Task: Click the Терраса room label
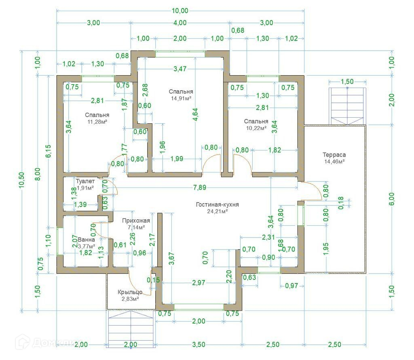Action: tap(334, 155)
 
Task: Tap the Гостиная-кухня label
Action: tap(217, 205)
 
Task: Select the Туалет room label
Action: tap(85, 182)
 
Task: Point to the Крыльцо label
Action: tap(130, 292)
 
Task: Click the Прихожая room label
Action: tap(136, 220)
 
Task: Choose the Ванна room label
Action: tap(87, 240)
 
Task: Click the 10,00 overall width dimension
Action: tap(180, 11)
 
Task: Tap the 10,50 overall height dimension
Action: tap(21, 180)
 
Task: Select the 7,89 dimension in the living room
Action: tap(200, 188)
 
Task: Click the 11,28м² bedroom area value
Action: tap(97, 122)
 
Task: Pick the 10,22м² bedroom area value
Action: tap(256, 128)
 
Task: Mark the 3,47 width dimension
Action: tap(180, 69)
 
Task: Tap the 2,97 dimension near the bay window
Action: tap(199, 283)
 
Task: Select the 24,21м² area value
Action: tap(218, 211)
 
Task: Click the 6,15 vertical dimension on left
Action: tap(49, 151)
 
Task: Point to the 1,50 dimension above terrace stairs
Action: tap(347, 82)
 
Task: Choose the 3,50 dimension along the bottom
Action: tap(199, 345)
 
